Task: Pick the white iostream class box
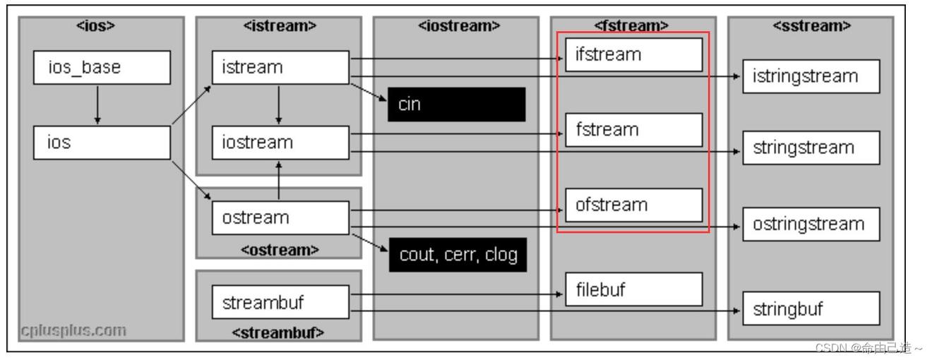(280, 143)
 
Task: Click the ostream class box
(280, 215)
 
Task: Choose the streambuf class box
(280, 301)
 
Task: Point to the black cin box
(456, 104)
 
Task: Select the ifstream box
(634, 54)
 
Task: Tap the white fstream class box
(634, 130)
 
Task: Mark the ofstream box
(634, 205)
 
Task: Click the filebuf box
(634, 289)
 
